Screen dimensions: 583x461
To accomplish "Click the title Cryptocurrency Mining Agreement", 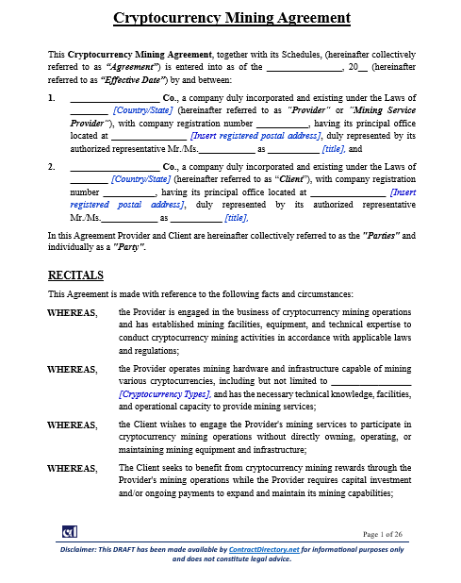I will point(230,17).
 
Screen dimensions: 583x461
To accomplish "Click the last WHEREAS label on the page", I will point(72,468).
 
